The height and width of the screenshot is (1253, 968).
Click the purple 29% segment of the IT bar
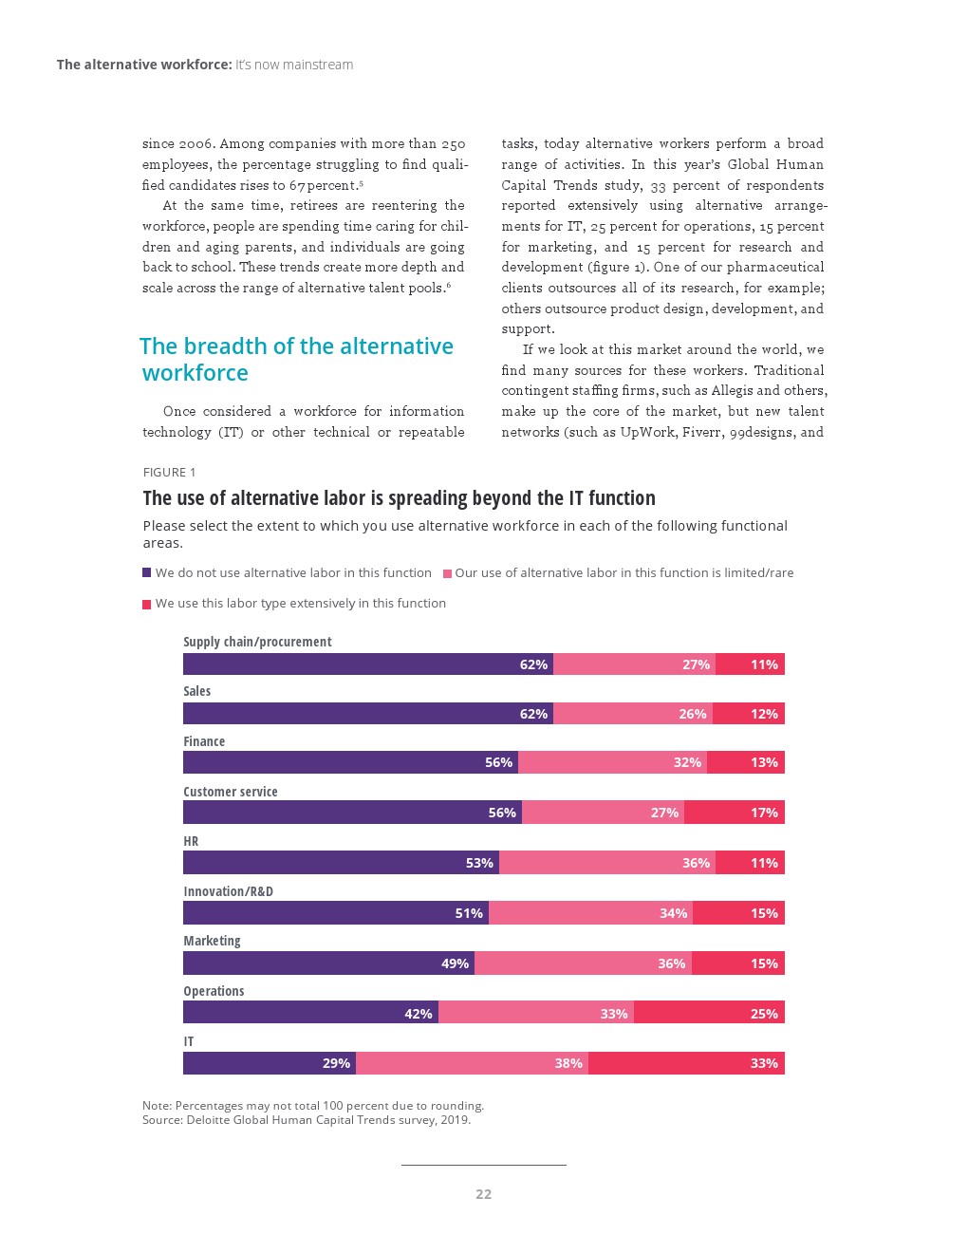(269, 1063)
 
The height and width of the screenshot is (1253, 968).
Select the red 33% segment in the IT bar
(686, 1063)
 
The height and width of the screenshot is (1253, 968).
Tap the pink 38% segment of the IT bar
(472, 1063)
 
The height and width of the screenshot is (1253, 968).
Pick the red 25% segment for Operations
(709, 1013)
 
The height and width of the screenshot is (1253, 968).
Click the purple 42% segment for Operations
(310, 1013)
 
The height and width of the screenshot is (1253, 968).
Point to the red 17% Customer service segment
(734, 813)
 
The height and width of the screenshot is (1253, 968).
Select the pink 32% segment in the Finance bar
(612, 762)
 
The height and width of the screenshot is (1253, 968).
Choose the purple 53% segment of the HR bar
(341, 863)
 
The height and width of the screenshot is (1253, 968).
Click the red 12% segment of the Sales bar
(748, 714)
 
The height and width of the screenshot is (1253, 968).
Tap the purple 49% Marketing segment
(328, 963)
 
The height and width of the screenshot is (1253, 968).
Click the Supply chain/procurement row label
(257, 642)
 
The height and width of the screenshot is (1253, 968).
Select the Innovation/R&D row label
(228, 891)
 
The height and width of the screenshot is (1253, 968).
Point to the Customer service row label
(231, 792)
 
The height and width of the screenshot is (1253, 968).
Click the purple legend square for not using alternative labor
(147, 572)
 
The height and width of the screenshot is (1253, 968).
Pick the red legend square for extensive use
(147, 604)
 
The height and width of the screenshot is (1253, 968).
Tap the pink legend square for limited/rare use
(447, 573)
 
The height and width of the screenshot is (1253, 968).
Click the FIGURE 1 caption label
(169, 473)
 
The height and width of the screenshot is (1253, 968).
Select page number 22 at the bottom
(483, 1194)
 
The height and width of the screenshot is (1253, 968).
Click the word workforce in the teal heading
(195, 373)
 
